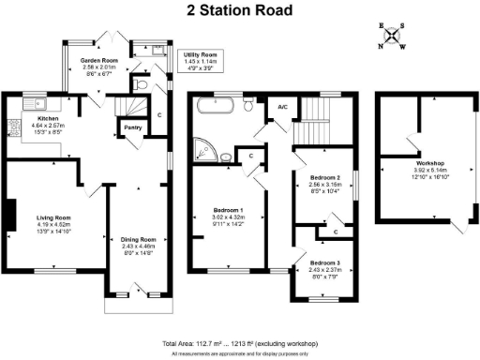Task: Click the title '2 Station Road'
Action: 239,11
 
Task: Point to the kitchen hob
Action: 12,125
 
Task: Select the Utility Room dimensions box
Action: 200,62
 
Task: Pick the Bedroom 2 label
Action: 322,178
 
